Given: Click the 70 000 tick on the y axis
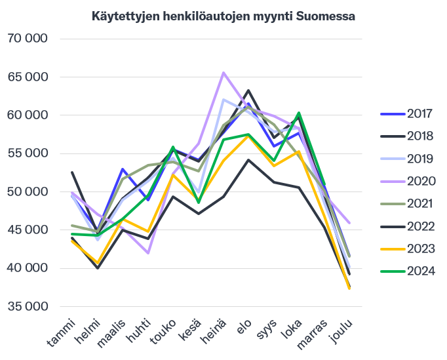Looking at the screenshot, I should (28, 39).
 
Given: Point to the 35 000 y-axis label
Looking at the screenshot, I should (28, 306).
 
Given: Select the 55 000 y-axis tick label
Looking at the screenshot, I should (28, 153).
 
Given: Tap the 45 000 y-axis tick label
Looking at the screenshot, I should (28, 230).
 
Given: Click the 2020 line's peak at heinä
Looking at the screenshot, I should (223, 73).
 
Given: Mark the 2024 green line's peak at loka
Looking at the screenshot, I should (299, 113).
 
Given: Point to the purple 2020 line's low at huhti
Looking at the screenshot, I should (148, 252).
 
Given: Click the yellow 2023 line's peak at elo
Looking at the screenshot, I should (248, 136).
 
